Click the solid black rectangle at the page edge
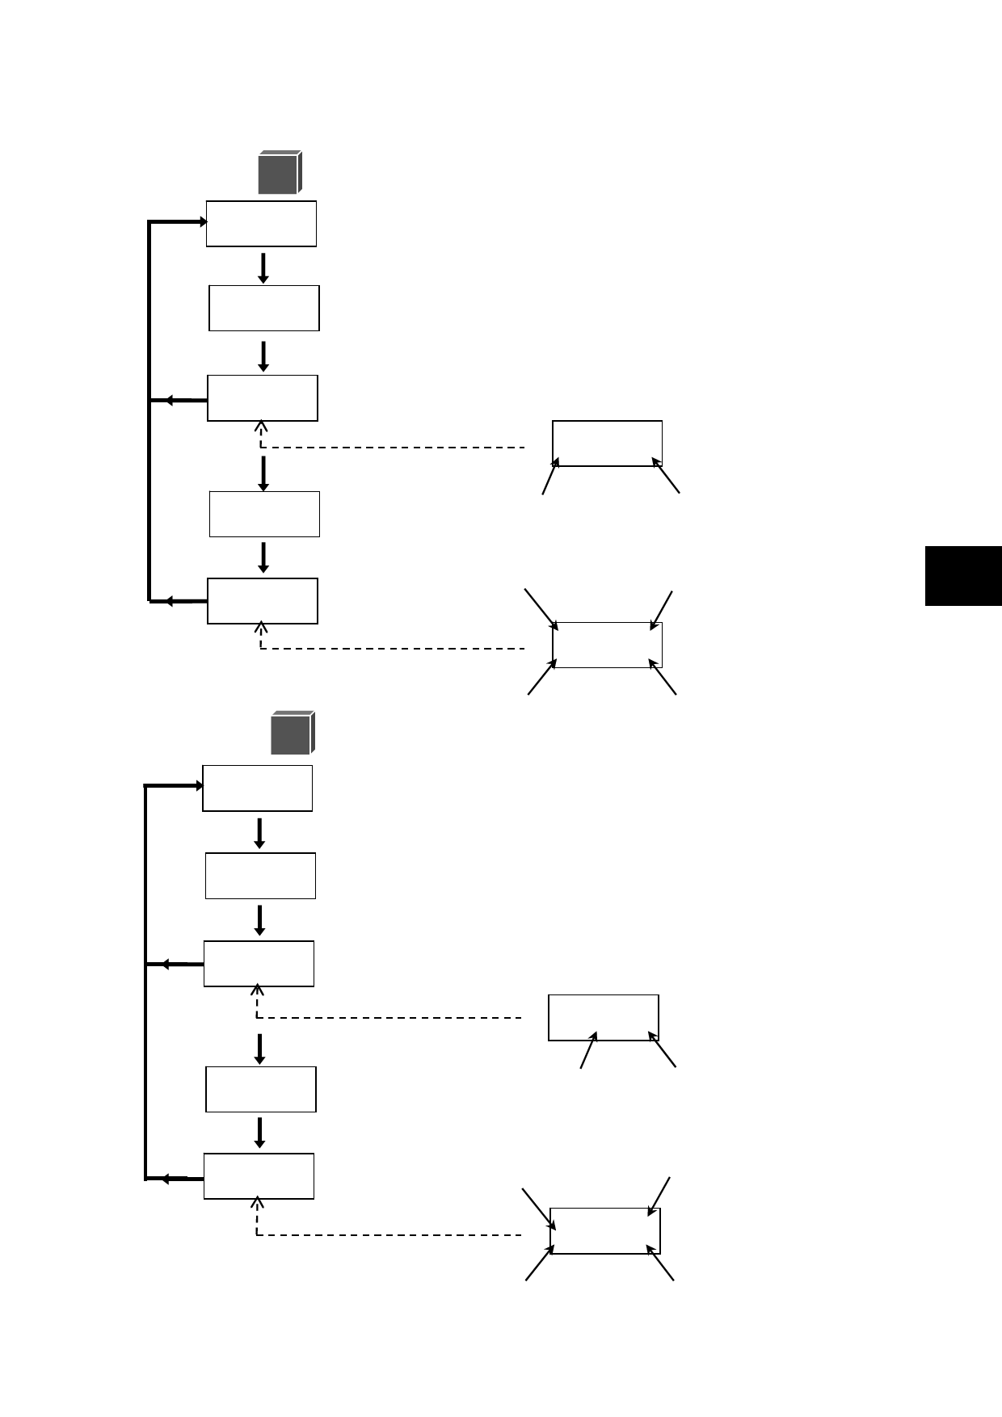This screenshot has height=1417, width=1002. click(x=963, y=576)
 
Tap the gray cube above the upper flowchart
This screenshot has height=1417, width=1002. click(x=280, y=173)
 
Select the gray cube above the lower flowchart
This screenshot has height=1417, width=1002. click(x=293, y=734)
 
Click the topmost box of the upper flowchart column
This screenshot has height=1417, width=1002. click(x=261, y=224)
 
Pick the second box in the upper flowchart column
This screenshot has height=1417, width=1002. click(x=264, y=308)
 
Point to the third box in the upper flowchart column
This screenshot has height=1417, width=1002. click(x=263, y=397)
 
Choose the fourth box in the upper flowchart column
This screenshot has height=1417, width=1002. click(x=264, y=514)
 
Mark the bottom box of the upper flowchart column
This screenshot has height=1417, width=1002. click(x=263, y=601)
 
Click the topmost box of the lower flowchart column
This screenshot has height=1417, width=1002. click(x=257, y=788)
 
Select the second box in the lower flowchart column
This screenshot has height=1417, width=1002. click(x=260, y=876)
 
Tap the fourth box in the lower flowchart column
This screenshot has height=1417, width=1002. click(x=261, y=1089)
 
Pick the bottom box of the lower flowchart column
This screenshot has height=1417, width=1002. click(x=259, y=1176)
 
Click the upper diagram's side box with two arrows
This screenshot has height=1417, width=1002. click(x=607, y=443)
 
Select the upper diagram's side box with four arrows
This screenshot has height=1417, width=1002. click(x=607, y=645)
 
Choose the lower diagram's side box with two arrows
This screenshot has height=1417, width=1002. click(x=604, y=1018)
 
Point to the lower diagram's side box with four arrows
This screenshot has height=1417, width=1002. click(x=605, y=1231)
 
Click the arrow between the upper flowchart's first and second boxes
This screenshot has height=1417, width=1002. click(x=263, y=268)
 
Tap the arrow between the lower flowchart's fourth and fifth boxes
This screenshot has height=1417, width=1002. click(x=259, y=1133)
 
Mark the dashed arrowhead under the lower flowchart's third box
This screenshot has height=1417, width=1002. click(x=257, y=990)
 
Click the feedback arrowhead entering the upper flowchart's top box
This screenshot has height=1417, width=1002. click(x=203, y=221)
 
